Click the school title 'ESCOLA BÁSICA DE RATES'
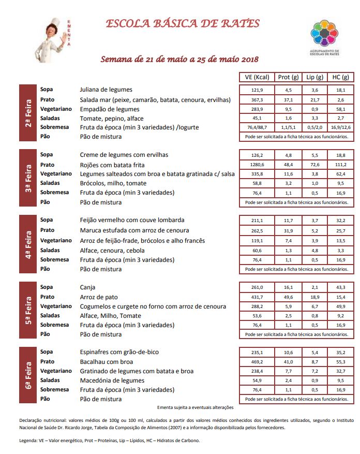[183, 24]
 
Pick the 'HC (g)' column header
[340, 77]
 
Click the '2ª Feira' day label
[28, 113]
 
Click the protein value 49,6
[289, 297]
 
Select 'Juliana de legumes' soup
[106, 90]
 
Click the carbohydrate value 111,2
[340, 165]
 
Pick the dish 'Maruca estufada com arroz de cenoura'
[134, 230]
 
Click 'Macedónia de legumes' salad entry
[112, 380]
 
